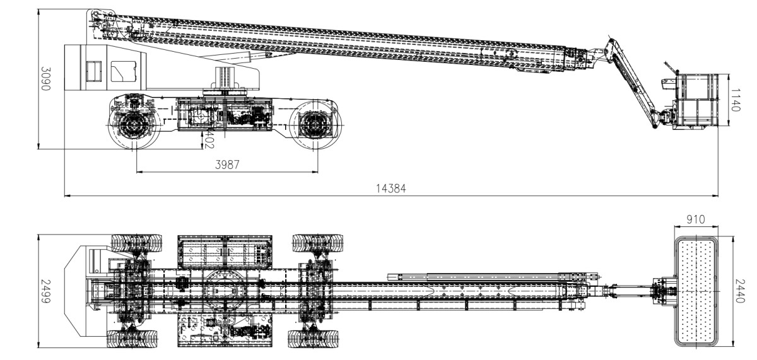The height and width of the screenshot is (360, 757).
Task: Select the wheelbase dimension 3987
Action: tap(228, 165)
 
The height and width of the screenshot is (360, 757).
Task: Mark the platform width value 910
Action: tap(696, 221)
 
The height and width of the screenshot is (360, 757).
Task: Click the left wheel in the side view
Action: tap(134, 124)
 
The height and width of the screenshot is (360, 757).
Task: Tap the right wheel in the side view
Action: tap(314, 124)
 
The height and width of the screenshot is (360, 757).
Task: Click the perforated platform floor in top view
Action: tap(696, 291)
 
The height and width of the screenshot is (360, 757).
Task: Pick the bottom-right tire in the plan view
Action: tap(315, 339)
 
